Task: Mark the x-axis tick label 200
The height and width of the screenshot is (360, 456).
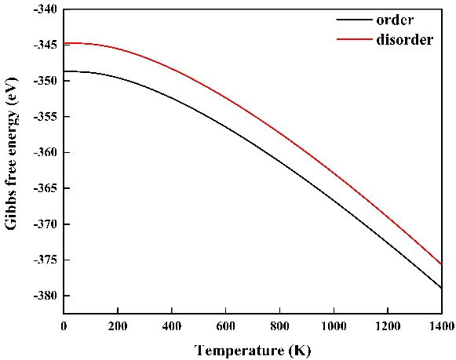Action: (x=118, y=326)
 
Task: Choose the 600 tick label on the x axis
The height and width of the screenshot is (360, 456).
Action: (x=226, y=326)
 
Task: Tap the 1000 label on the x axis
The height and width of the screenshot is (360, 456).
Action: (x=334, y=326)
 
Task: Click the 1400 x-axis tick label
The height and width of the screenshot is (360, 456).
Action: (x=441, y=326)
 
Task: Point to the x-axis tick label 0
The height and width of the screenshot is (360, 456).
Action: (x=64, y=326)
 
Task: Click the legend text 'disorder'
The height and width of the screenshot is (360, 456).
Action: (x=404, y=39)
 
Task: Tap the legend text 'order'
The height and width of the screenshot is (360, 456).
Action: (x=395, y=20)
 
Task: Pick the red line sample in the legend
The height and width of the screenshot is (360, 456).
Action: (x=354, y=39)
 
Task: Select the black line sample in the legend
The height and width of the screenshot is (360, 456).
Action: (x=354, y=20)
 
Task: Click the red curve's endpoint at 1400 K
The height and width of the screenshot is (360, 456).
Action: (x=441, y=264)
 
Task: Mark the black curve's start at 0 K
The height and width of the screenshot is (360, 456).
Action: (x=64, y=71)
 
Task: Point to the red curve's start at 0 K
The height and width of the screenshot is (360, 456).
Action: (x=64, y=43)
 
